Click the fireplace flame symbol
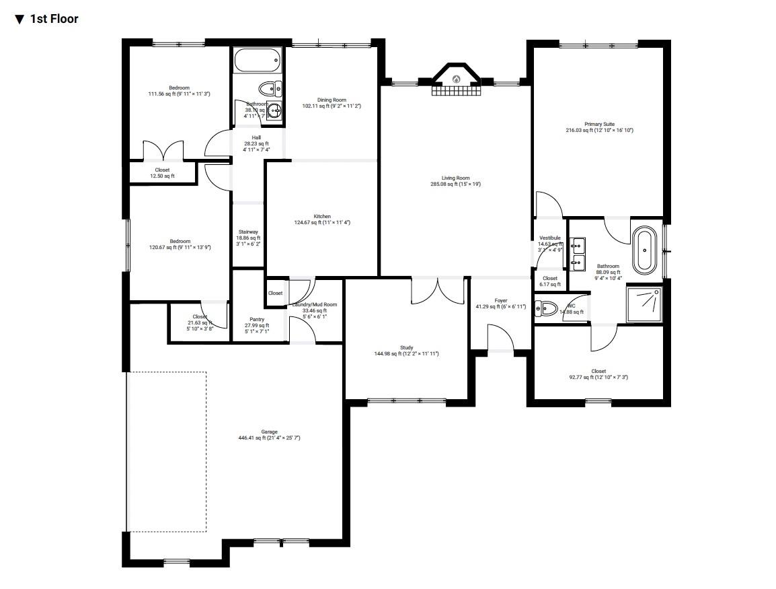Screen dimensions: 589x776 coord(456,79)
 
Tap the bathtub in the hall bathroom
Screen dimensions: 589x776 coord(256,63)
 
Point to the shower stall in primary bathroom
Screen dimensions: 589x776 coord(644,304)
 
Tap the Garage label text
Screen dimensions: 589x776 coord(269,432)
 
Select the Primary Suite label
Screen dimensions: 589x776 coord(598,125)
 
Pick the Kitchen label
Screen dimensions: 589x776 coord(322,217)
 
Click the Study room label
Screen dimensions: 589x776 coord(406,348)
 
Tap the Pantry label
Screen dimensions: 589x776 coord(256,320)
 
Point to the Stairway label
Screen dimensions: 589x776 coord(247,232)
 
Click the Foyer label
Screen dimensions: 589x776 coord(500,301)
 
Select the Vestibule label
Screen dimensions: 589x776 coord(549,238)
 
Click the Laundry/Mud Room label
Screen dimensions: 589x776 coord(315,305)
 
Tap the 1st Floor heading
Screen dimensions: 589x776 coord(54,19)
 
